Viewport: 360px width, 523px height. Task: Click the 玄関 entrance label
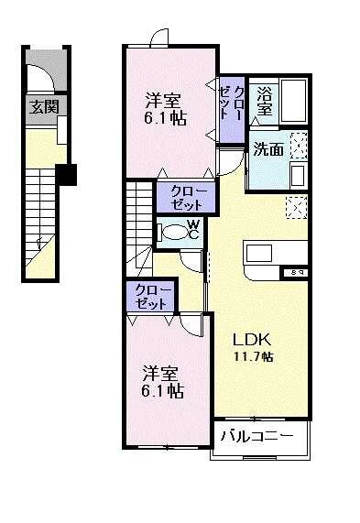(43, 106)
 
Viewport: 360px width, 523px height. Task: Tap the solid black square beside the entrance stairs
(65, 174)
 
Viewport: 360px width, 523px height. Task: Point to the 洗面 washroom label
(268, 150)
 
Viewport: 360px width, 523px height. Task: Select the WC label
(193, 228)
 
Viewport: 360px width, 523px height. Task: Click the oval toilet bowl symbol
(172, 232)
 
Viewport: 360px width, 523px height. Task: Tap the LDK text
(249, 336)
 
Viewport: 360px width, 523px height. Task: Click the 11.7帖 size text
(251, 356)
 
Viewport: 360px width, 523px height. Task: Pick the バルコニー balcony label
(260, 436)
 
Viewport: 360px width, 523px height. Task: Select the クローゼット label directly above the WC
(187, 198)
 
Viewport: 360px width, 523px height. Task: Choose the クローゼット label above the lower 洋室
(152, 296)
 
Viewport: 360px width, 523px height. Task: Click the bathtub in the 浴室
(294, 101)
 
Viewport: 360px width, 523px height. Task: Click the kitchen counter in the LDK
(268, 254)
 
